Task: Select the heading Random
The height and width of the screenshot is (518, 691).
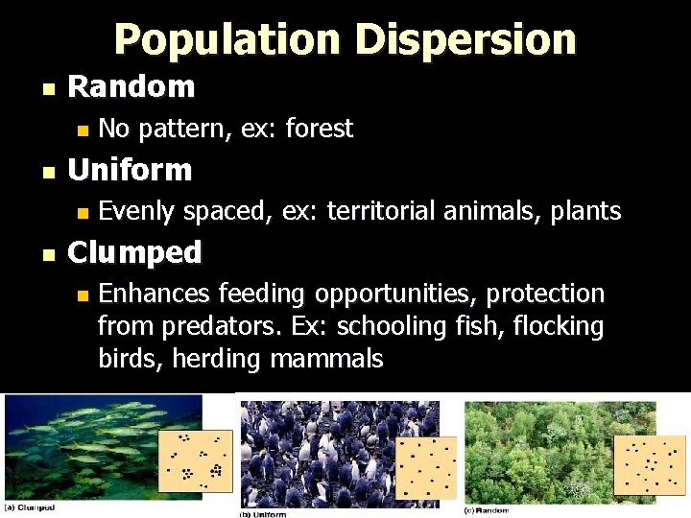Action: pyautogui.click(x=131, y=87)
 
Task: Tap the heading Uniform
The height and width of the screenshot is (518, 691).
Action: pyautogui.click(x=131, y=171)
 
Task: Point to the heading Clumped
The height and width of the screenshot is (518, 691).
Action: pyautogui.click(x=135, y=253)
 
